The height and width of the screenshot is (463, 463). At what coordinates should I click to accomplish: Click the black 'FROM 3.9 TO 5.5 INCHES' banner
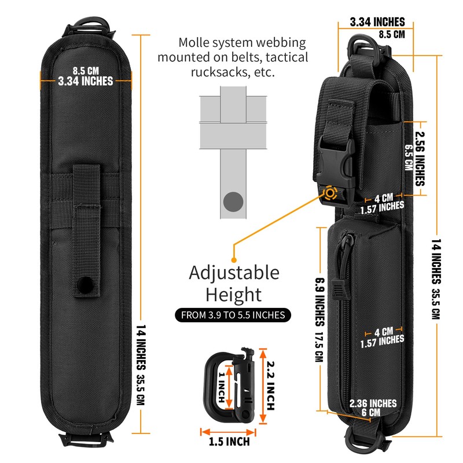pyautogui.click(x=233, y=315)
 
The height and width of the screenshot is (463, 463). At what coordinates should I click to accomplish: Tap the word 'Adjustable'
pyautogui.click(x=234, y=273)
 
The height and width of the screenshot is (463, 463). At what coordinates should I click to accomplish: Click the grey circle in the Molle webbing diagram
pyautogui.click(x=234, y=202)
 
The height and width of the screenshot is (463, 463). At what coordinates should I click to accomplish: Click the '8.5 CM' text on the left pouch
pyautogui.click(x=85, y=71)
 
